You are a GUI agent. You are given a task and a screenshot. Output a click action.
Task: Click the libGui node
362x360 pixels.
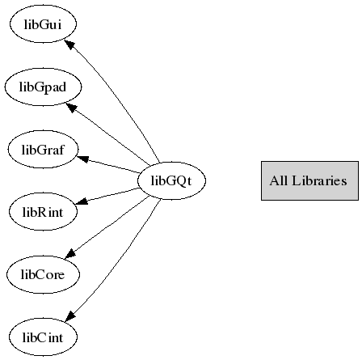[43, 24]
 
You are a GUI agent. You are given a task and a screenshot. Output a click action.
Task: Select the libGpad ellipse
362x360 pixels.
[43, 87]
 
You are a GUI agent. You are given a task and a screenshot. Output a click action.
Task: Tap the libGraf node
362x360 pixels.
[43, 150]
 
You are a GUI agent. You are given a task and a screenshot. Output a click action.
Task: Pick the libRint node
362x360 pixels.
[43, 212]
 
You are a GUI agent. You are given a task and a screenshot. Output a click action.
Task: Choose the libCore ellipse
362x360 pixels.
[43, 274]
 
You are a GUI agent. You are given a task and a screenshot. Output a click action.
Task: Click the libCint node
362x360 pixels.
[43, 337]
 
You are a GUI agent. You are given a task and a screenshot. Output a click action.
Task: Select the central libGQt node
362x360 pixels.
[171, 180]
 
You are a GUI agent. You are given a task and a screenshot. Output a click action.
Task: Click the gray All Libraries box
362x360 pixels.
[309, 180]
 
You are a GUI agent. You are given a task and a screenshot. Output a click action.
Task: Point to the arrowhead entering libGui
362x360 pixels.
[69, 44]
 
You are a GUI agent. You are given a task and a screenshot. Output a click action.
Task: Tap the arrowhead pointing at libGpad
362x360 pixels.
[71, 108]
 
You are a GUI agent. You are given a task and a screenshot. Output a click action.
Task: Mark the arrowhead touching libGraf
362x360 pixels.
[83, 159]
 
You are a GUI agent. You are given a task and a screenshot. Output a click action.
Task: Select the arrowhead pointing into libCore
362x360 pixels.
[70, 253]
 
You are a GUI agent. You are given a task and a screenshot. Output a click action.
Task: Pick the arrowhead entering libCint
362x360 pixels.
[70, 316]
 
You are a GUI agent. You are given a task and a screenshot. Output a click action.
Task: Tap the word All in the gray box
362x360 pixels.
[279, 180]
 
